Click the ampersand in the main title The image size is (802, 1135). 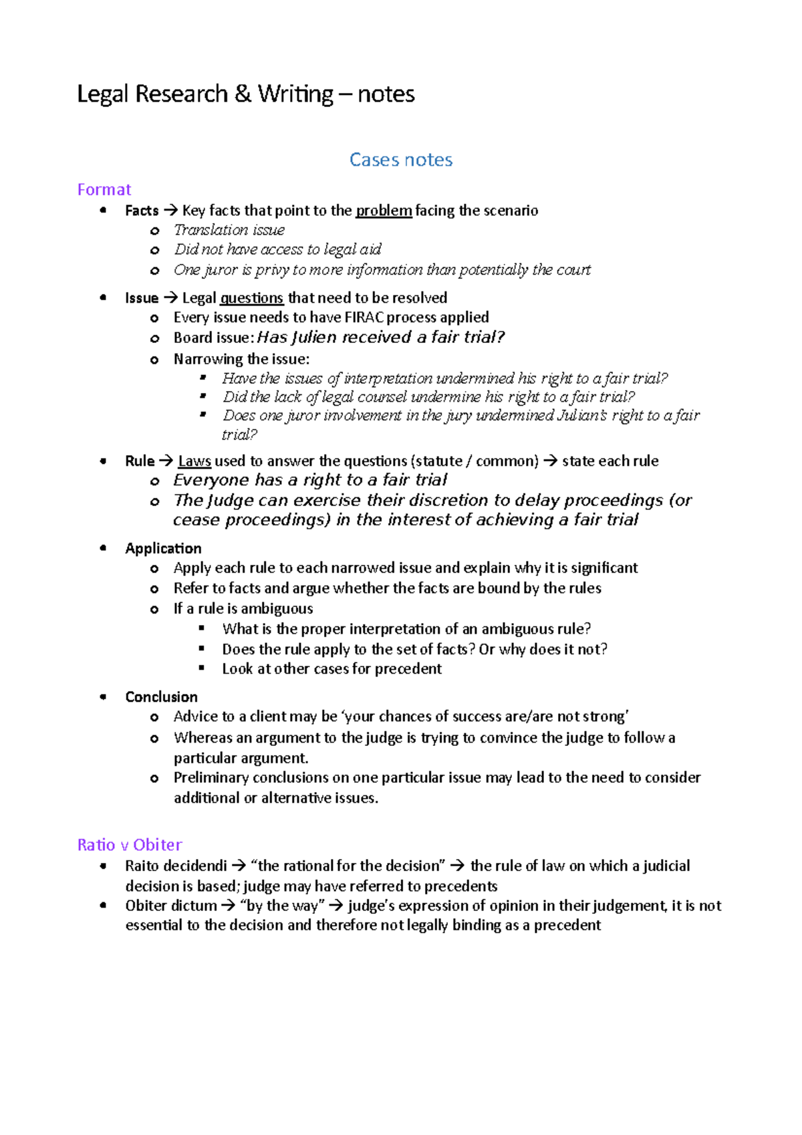(243, 94)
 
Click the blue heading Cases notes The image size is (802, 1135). (401, 160)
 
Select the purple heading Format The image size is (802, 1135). (104, 190)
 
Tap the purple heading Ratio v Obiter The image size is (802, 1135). (130, 845)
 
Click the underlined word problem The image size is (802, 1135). (384, 211)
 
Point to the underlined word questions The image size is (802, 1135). (252, 298)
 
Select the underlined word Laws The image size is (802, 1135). (194, 461)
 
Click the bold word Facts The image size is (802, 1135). (142, 211)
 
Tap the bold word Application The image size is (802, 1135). (163, 549)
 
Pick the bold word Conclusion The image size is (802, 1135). (161, 697)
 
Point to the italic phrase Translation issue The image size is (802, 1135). (229, 230)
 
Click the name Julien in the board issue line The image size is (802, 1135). (314, 338)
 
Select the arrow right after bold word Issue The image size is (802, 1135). (170, 298)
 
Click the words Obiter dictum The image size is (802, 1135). (171, 906)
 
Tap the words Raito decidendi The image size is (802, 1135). (176, 866)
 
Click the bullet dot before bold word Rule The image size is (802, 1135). (103, 461)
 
